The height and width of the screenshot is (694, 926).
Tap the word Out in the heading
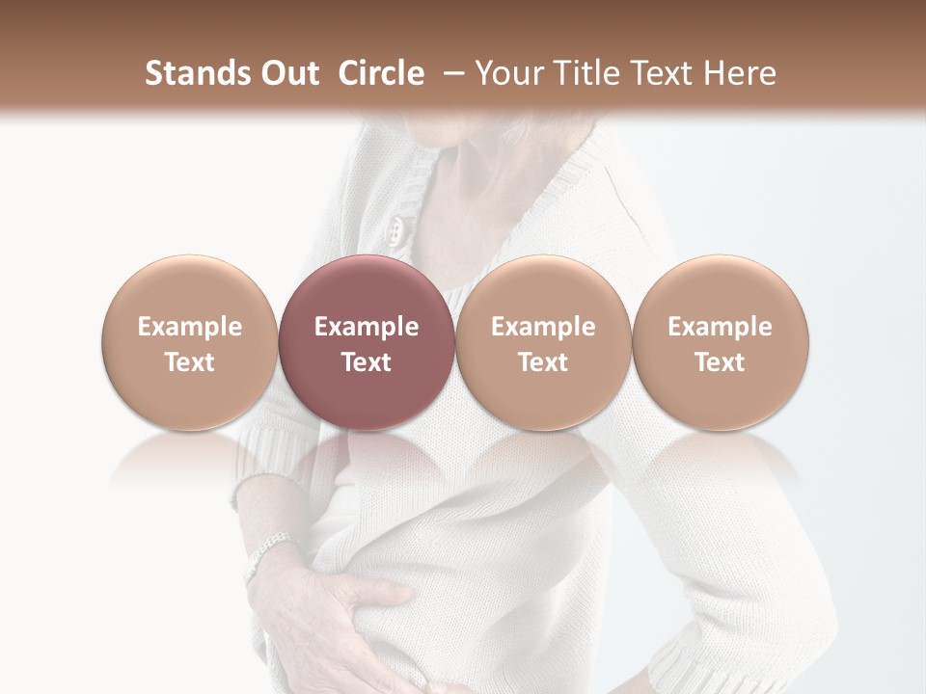click(287, 73)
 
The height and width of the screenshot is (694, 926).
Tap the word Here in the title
click(742, 73)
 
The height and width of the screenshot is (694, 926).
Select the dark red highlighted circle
click(366, 342)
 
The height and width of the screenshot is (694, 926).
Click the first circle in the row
click(189, 342)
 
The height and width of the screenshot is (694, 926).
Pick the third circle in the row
click(543, 342)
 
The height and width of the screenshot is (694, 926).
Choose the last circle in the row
click(720, 342)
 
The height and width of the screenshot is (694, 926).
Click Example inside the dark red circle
click(366, 327)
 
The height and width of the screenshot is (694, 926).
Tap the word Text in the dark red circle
click(366, 362)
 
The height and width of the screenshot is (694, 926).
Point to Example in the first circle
click(189, 327)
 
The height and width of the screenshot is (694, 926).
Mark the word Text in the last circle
click(720, 362)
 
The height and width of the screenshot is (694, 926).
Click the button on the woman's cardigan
click(395, 227)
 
